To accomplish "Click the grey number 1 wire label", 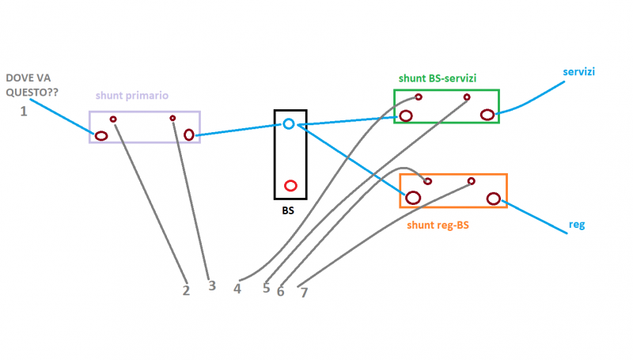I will pos(24,112).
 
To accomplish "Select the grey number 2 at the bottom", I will pos(186,290).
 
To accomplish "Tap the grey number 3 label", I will pos(211,286).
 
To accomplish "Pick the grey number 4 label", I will pos(237,288).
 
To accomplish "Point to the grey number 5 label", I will pos(267,288).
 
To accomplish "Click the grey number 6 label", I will pos(280,291).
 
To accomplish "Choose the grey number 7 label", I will pos(304,292).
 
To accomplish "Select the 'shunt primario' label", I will pos(132,96).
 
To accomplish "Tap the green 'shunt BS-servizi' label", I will pos(437,78).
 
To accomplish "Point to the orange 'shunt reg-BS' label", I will pos(438,225).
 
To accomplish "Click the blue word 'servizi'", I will pos(579,72).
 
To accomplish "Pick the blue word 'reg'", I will pos(577,225).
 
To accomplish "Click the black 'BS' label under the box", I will pos(289,211).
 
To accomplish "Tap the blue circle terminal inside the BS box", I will pos(289,123).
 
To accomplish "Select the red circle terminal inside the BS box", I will pos(290,186).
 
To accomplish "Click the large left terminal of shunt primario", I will pos(101,135).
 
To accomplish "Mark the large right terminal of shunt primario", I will pos(189,135).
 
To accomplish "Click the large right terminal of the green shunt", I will pos(487,115).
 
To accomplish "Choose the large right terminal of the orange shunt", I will pos(494,199).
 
